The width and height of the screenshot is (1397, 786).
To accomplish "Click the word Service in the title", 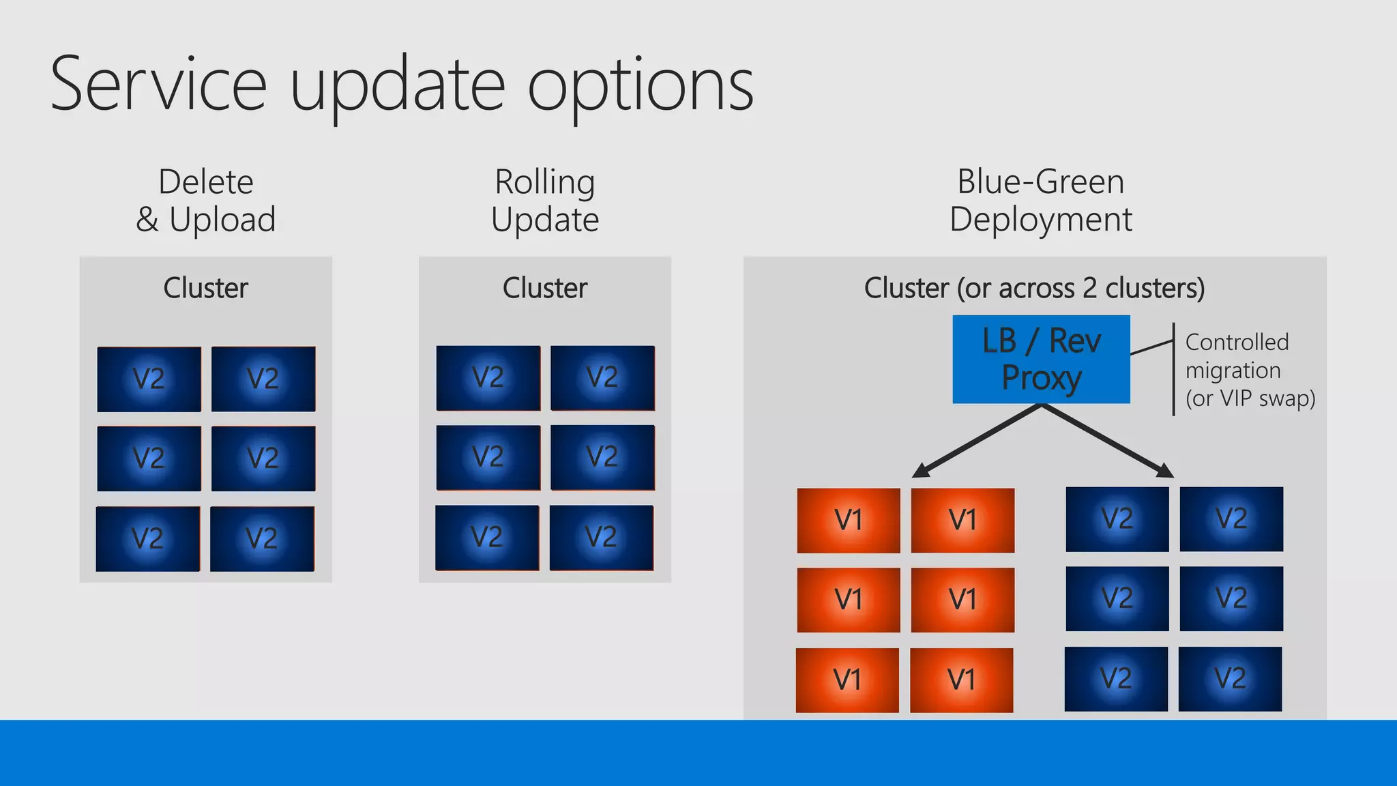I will click(x=158, y=85).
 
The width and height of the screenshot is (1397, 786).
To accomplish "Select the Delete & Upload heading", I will click(x=205, y=201).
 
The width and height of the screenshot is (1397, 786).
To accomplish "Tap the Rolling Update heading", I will click(x=544, y=201).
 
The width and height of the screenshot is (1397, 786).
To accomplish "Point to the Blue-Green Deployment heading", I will click(x=1040, y=201).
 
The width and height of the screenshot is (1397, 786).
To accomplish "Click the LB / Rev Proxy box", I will click(x=1041, y=359).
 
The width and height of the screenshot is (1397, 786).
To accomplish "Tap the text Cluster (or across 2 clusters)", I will click(x=1034, y=288).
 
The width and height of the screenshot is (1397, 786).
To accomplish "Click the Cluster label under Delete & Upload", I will click(x=205, y=288).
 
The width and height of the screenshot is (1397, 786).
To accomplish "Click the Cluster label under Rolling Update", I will click(x=544, y=288).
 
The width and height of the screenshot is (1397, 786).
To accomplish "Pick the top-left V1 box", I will click(x=849, y=521).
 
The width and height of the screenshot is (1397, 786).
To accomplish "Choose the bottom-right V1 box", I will click(x=962, y=680).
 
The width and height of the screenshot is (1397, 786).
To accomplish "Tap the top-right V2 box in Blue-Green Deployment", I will click(x=1231, y=519).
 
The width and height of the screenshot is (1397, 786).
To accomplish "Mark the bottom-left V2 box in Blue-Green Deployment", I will click(x=1116, y=679).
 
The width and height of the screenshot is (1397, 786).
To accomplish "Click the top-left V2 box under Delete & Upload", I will click(x=149, y=379).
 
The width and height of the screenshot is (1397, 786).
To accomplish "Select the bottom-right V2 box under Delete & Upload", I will click(x=262, y=539).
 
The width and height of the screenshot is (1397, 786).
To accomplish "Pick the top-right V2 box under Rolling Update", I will click(x=602, y=378).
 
